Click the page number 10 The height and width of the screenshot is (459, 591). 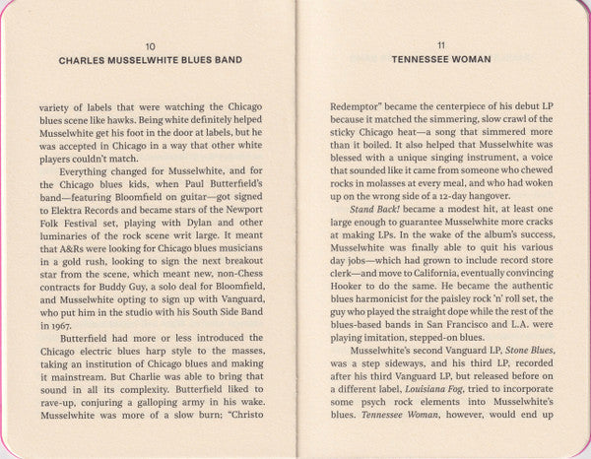pos(149,46)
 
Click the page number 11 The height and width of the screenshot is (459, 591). pos(440,46)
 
